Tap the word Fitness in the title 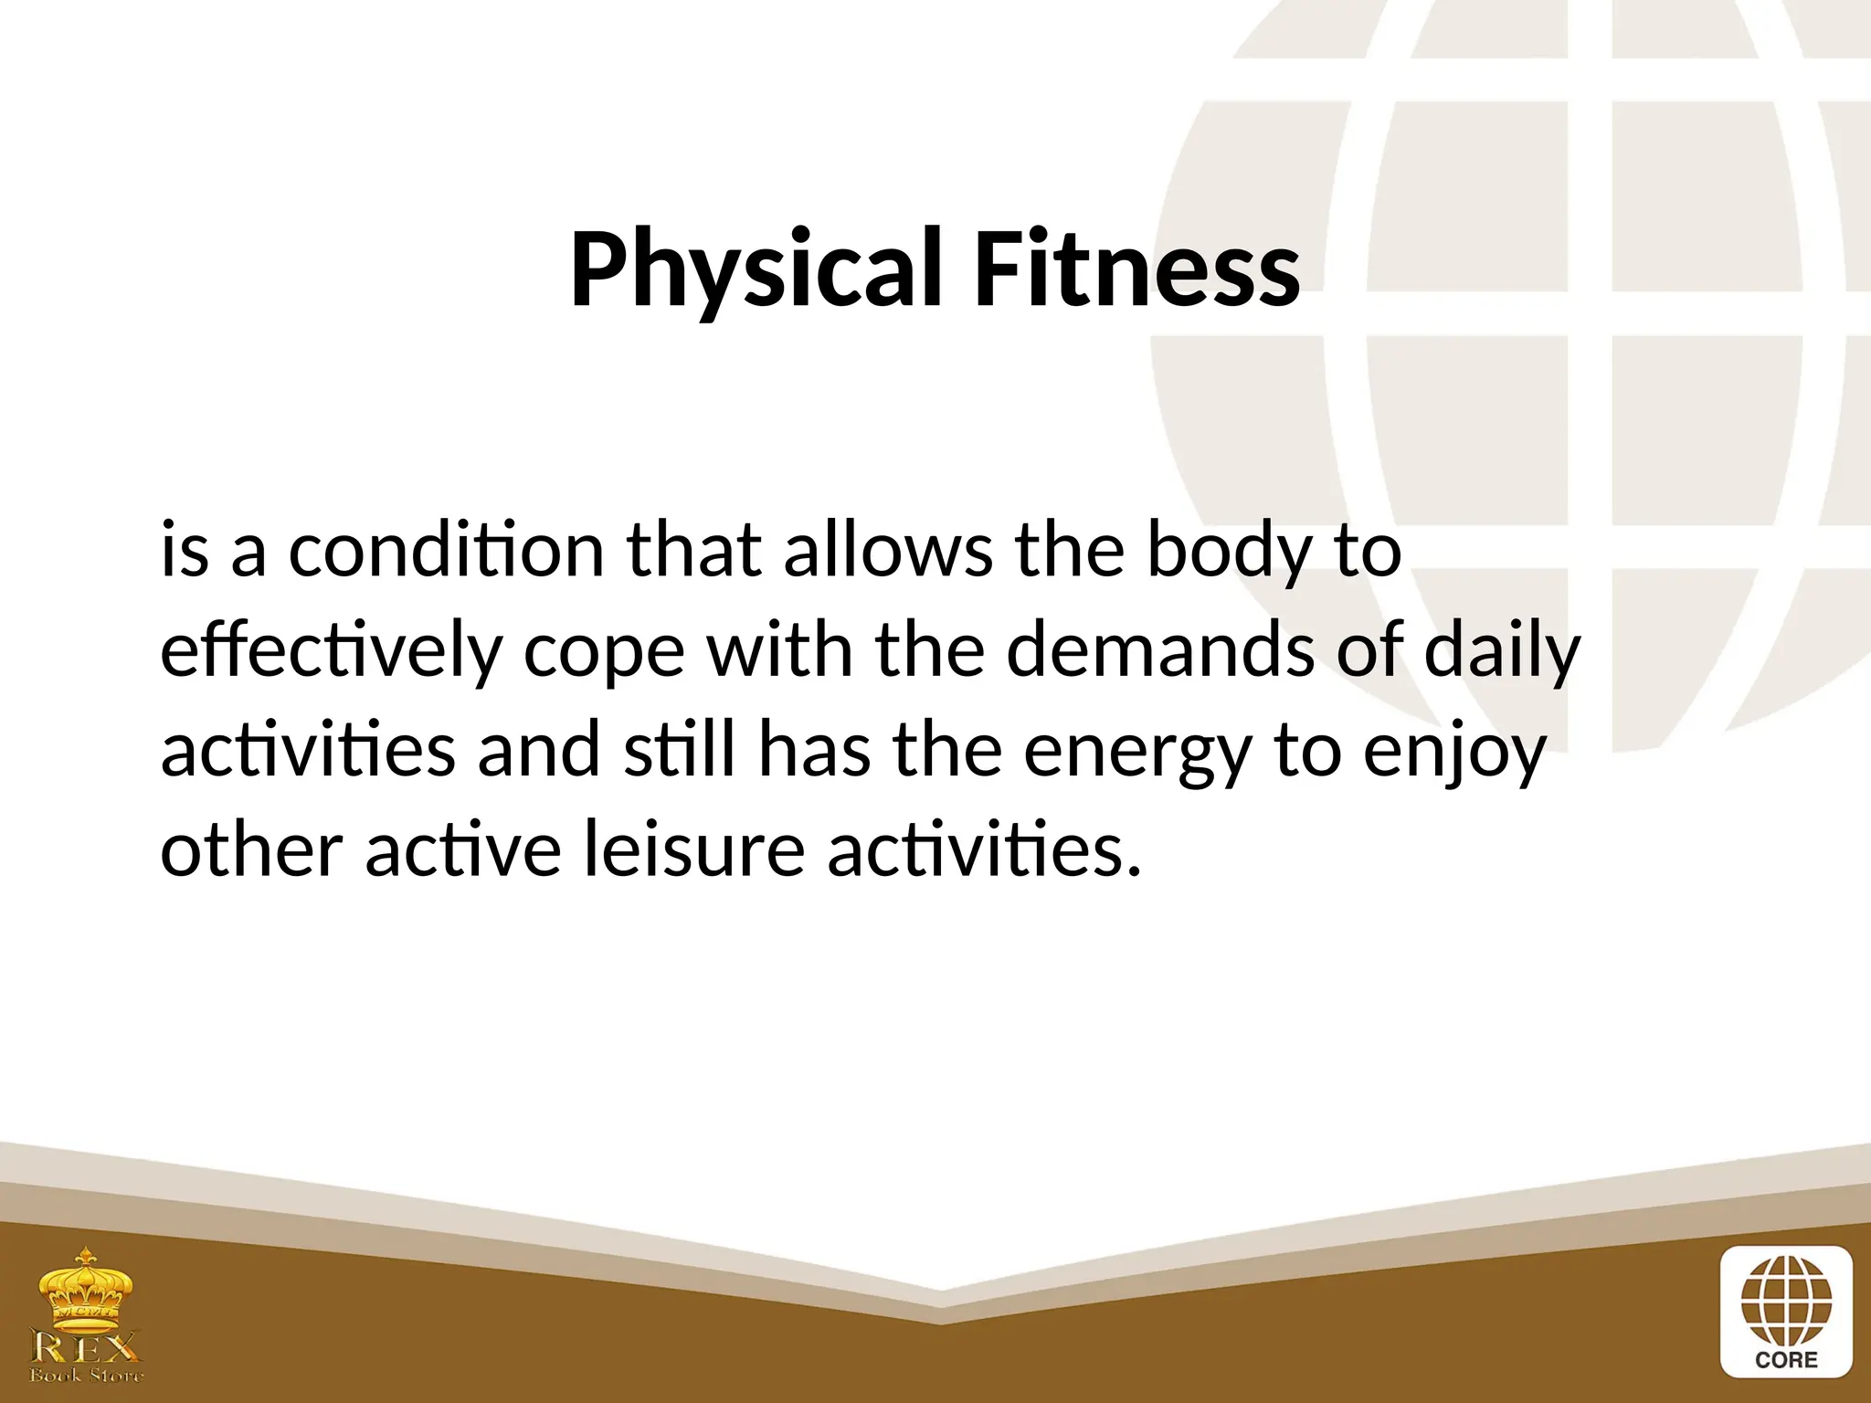pyautogui.click(x=1136, y=269)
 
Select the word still pyautogui.click(x=679, y=750)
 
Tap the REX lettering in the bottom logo pyautogui.click(x=87, y=1346)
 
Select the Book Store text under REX pyautogui.click(x=87, y=1376)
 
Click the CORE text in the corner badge pyautogui.click(x=1786, y=1359)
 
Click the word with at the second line pyautogui.click(x=780, y=649)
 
